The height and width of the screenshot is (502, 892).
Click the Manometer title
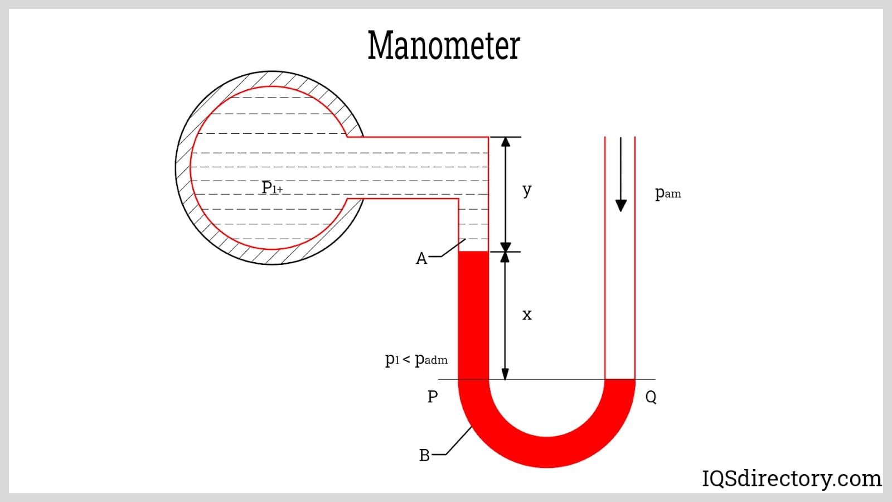pyautogui.click(x=444, y=45)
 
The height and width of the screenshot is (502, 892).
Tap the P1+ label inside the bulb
pyautogui.click(x=272, y=188)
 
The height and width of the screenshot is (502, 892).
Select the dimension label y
pyautogui.click(x=527, y=190)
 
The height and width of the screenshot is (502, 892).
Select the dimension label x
pyautogui.click(x=527, y=315)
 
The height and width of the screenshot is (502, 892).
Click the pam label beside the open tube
pyautogui.click(x=667, y=193)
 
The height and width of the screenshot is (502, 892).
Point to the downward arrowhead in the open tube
pyautogui.click(x=620, y=205)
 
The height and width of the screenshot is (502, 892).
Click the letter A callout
pyautogui.click(x=421, y=259)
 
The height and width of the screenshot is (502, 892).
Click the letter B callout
pyautogui.click(x=424, y=456)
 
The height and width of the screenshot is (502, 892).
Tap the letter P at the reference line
pyautogui.click(x=433, y=397)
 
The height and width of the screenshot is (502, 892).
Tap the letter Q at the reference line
pyautogui.click(x=651, y=397)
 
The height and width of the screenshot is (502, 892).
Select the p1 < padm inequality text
pyautogui.click(x=416, y=359)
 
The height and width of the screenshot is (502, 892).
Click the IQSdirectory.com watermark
pyautogui.click(x=792, y=479)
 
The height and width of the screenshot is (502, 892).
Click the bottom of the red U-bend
pyautogui.click(x=546, y=452)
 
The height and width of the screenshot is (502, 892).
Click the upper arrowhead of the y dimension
pyautogui.click(x=506, y=142)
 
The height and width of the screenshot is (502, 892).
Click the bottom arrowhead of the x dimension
pyautogui.click(x=506, y=374)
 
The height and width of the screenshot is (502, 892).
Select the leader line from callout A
pyautogui.click(x=453, y=249)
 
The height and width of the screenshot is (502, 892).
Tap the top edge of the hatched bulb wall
pyautogui.click(x=272, y=79)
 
